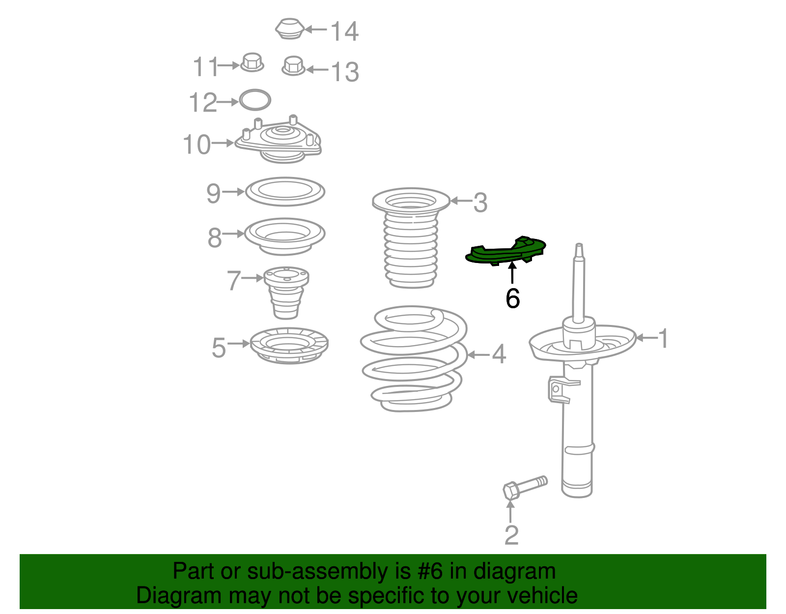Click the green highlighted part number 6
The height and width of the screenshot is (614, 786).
click(505, 251)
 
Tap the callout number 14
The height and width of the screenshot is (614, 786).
click(345, 31)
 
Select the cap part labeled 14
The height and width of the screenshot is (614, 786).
click(290, 29)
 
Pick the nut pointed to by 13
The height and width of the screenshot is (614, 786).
click(293, 66)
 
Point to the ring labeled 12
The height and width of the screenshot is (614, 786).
click(255, 100)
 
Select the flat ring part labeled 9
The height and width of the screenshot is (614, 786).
click(285, 191)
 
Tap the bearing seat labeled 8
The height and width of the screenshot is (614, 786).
click(284, 236)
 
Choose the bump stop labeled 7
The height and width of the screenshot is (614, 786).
click(286, 292)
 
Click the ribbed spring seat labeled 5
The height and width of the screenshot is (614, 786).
click(289, 345)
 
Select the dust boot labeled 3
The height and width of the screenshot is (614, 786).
click(411, 238)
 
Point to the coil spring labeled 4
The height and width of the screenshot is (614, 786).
click(414, 359)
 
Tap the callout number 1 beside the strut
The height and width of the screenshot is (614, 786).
click(663, 338)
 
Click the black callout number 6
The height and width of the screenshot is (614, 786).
click(512, 299)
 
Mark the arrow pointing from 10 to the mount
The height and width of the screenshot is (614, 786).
click(223, 143)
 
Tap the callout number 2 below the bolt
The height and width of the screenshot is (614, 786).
click(512, 535)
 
